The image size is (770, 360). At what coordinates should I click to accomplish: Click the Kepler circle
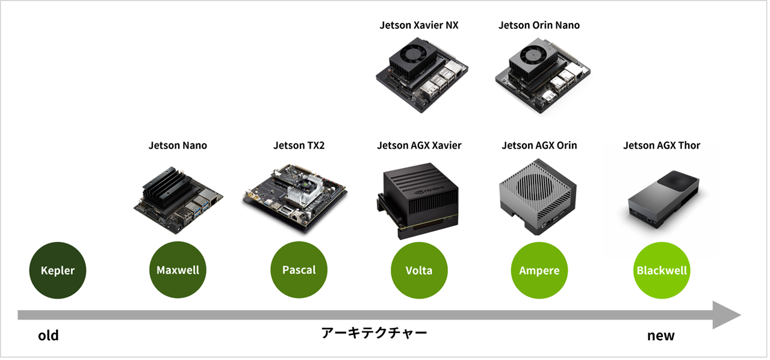[58, 270]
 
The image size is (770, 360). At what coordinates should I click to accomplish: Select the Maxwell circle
[178, 270]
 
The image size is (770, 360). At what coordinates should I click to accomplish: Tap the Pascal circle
[299, 270]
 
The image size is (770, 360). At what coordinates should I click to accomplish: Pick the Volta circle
[419, 270]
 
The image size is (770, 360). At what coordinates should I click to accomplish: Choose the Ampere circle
[539, 270]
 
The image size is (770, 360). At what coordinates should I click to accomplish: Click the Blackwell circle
[662, 270]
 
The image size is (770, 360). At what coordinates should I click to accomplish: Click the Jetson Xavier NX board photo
[419, 72]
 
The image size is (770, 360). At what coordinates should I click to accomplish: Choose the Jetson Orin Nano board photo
[539, 72]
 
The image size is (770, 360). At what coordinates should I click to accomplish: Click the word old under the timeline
[48, 336]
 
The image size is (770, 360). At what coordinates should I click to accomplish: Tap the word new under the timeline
[660, 336]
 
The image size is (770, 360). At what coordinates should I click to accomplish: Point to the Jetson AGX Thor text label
[662, 146]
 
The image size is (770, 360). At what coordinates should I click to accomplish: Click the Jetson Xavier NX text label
[419, 25]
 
